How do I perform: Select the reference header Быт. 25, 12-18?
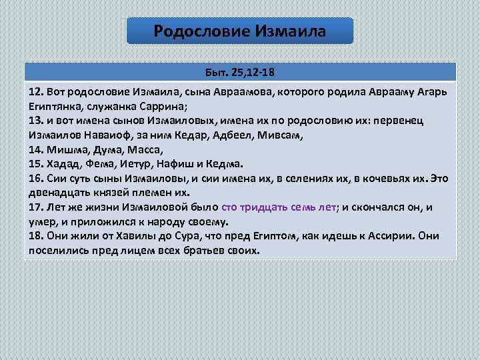tap(240, 71)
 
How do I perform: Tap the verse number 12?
tap(36, 90)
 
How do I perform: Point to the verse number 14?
tap(36, 149)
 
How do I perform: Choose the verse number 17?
tap(36, 207)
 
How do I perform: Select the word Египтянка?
tap(55, 105)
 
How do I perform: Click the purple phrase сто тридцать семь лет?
tap(279, 207)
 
